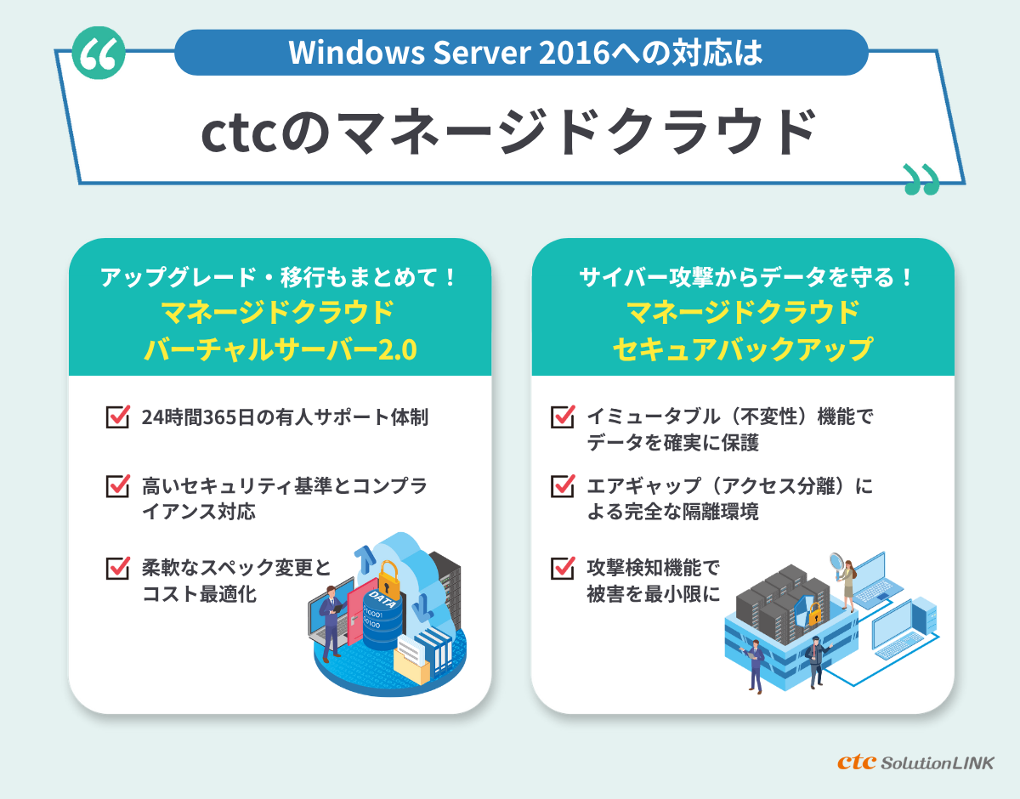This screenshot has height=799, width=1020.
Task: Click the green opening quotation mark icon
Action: coord(99,55)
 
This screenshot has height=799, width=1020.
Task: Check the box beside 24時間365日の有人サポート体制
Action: coord(116,417)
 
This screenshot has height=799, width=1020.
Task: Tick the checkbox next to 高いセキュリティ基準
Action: coord(116,486)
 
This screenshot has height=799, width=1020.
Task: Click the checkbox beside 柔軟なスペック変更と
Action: coord(116,567)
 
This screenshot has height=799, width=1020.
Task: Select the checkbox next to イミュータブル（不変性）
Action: coord(563,417)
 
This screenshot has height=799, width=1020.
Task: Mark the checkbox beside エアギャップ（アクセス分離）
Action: coord(563,486)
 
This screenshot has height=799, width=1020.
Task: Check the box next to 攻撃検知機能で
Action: coord(563,567)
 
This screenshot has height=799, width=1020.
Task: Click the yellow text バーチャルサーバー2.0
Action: coord(280,348)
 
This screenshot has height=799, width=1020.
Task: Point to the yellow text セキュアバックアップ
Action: coord(743,348)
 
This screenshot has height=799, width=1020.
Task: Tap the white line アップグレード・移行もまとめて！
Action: coord(280,277)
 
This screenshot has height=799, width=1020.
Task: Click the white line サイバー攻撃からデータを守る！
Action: coord(743,277)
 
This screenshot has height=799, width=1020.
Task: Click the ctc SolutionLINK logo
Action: coord(915,762)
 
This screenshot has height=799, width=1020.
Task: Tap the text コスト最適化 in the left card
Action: coord(199,594)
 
